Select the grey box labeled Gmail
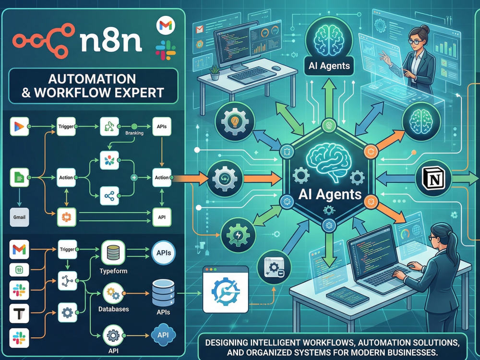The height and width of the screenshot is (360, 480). coord(19,217)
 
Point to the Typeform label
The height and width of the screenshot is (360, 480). coord(113,271)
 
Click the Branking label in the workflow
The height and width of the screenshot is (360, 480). coord(134,133)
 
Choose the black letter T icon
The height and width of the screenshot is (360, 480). coord(19,313)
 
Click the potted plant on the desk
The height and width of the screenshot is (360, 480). coord(215,72)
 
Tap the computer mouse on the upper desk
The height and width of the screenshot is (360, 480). coord(276,68)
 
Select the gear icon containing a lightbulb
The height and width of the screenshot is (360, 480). coord(235,121)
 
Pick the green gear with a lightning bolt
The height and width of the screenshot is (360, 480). coord(238,235)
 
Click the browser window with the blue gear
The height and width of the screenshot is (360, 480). coord(226,289)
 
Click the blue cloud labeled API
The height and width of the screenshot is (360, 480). coord(163,335)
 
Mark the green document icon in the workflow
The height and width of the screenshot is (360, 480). coord(19,178)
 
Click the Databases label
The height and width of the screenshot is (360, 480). coord(114,309)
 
